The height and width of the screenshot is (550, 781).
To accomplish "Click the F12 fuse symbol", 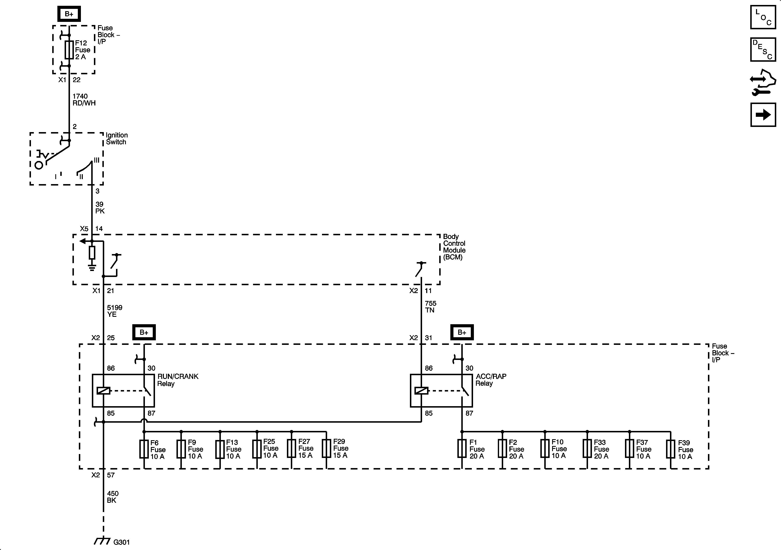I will [x=69, y=50].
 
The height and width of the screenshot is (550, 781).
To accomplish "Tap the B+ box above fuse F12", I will [x=69, y=14].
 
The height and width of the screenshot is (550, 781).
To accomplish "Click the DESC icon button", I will [x=763, y=50].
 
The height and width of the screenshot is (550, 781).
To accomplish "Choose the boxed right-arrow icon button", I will [x=763, y=115].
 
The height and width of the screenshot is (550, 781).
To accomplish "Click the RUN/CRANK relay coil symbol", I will [x=103, y=391].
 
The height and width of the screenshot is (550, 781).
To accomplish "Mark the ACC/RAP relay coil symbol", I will [x=421, y=391].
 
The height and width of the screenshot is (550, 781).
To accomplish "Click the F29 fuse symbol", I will [x=327, y=449].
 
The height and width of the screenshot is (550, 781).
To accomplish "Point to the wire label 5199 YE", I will [x=115, y=311].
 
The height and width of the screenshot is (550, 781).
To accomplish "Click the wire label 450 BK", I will [x=113, y=497].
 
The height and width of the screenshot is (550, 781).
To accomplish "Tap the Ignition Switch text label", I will [x=117, y=138].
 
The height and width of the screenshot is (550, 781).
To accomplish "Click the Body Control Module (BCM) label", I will [x=454, y=247].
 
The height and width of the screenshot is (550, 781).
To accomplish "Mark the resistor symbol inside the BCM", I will [x=92, y=253].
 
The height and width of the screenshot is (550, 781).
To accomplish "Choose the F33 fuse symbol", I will [x=587, y=449].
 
